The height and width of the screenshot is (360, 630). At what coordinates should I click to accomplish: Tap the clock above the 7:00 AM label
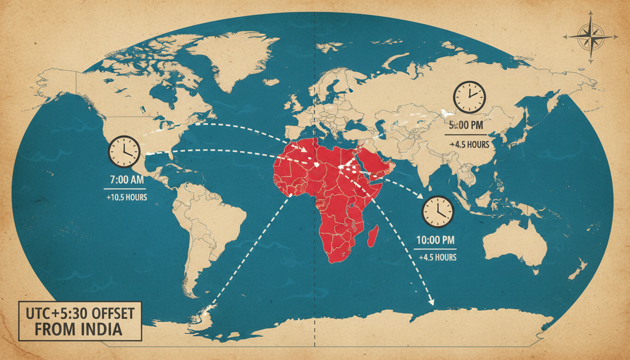(124, 151)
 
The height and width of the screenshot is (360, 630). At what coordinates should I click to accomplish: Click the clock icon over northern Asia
(469, 97)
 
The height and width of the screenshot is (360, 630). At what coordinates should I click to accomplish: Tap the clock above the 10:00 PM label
(438, 211)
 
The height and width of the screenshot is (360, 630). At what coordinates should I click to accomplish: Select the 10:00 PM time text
(435, 240)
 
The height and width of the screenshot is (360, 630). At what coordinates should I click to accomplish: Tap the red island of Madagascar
(373, 236)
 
